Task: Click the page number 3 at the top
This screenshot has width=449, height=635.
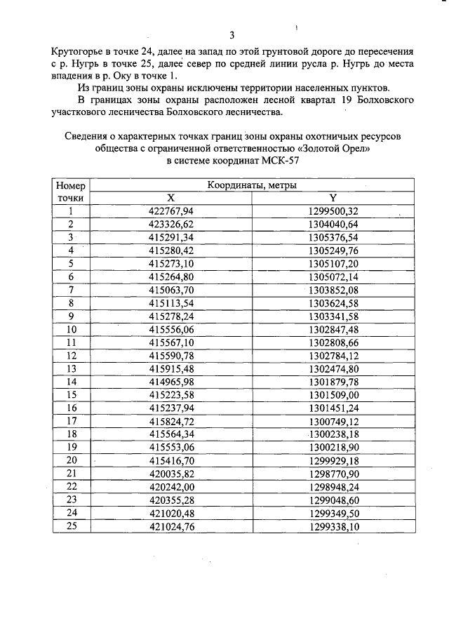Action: pyautogui.click(x=232, y=36)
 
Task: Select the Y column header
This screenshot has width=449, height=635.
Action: pyautogui.click(x=333, y=198)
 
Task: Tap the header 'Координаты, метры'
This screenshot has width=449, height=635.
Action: pyautogui.click(x=251, y=186)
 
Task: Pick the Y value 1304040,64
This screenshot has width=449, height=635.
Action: pyautogui.click(x=333, y=224)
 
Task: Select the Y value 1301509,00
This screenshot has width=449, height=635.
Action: pyautogui.click(x=333, y=395)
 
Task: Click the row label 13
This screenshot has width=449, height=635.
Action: pyautogui.click(x=71, y=368)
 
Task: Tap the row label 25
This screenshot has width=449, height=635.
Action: pyautogui.click(x=71, y=526)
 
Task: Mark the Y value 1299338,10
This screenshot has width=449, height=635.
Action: pyautogui.click(x=333, y=526)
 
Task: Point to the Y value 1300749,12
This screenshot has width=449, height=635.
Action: pyautogui.click(x=333, y=421)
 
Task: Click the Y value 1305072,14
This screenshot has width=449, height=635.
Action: pyautogui.click(x=333, y=276)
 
